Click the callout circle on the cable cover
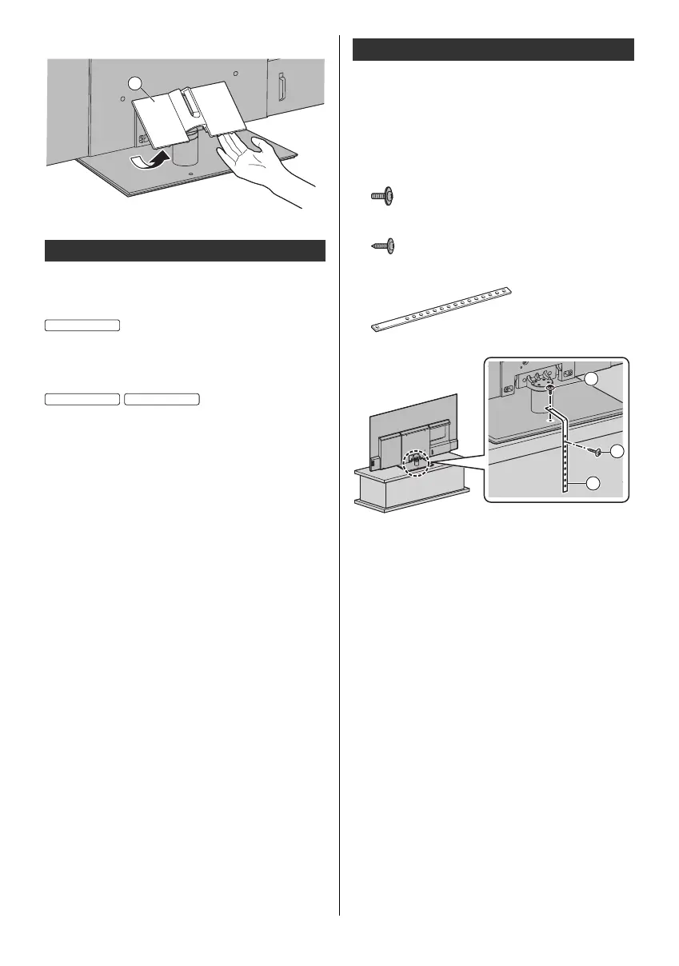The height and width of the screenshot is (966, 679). [x=137, y=84]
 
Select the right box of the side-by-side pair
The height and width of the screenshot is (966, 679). [x=162, y=399]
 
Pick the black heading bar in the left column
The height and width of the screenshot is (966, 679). [x=184, y=250]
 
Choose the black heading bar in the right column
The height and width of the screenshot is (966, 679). [x=493, y=49]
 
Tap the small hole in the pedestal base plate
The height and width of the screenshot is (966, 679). [x=190, y=172]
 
